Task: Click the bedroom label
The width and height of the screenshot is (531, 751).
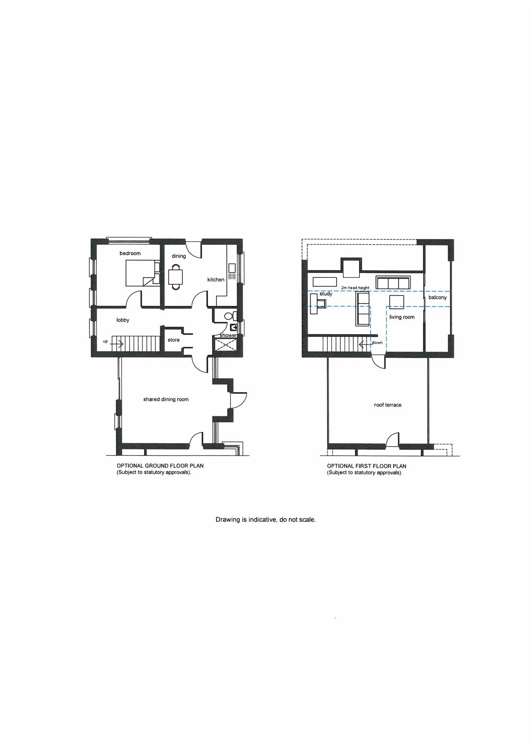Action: click(x=130, y=253)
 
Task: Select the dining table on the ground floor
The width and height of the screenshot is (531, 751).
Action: click(x=176, y=277)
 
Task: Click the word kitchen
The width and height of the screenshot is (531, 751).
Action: click(x=216, y=280)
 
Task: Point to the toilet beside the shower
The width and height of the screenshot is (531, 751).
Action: click(x=230, y=316)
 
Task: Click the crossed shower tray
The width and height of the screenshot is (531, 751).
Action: click(x=226, y=345)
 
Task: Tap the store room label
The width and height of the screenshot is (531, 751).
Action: click(x=173, y=340)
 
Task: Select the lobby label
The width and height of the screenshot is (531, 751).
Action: click(x=123, y=320)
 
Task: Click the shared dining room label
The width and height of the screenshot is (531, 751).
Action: click(x=166, y=400)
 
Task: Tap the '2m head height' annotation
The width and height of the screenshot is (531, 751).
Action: click(x=355, y=288)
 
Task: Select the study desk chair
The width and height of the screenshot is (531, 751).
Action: click(x=321, y=303)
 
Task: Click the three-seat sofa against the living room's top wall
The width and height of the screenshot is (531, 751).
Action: click(x=393, y=282)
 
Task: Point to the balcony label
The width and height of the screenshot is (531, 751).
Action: click(x=437, y=297)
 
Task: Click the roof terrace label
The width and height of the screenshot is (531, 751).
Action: click(x=388, y=405)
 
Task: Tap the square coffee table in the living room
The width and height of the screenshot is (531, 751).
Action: click(x=397, y=302)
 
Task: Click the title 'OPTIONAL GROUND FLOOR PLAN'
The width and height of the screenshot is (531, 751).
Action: click(x=160, y=466)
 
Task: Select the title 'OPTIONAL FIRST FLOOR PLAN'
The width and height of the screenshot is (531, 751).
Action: click(x=367, y=466)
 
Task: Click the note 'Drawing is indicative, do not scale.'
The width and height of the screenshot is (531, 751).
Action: click(x=265, y=520)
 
